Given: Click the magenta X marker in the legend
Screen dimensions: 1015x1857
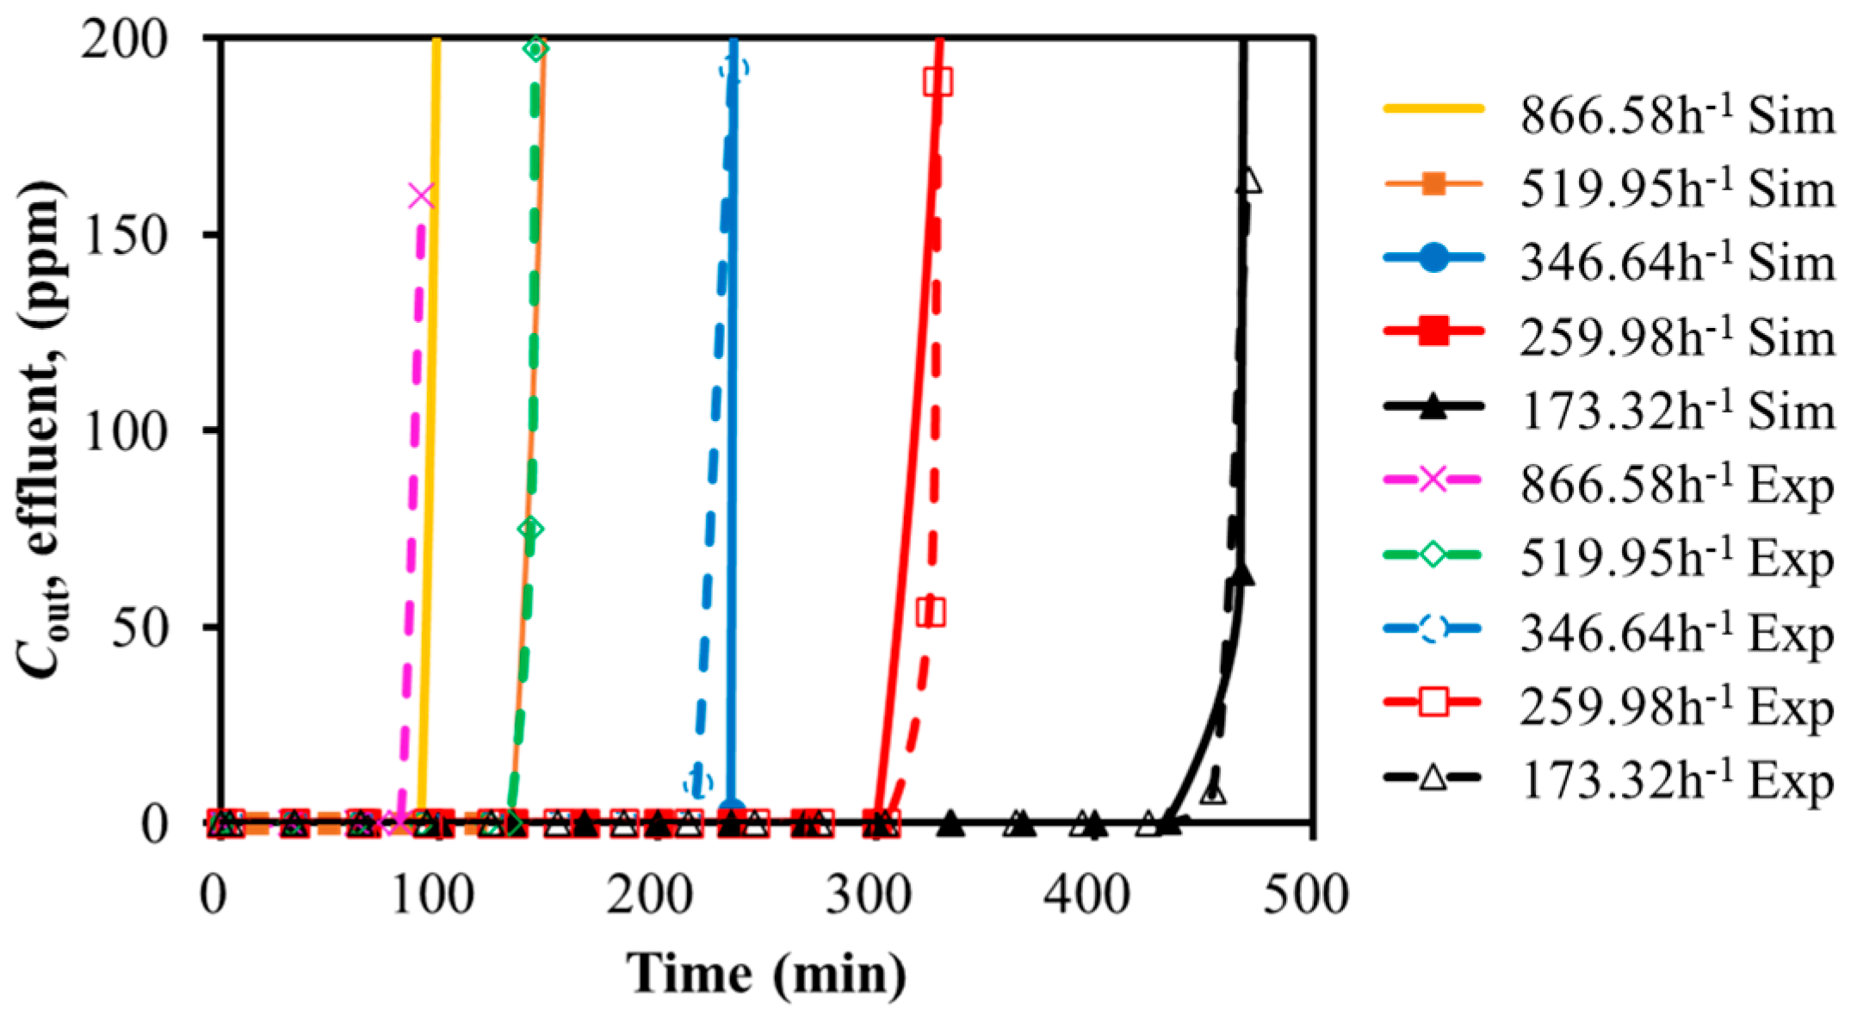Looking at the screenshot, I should pyautogui.click(x=1433, y=479).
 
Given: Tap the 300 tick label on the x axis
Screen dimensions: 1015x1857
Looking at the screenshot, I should pyautogui.click(x=868, y=895).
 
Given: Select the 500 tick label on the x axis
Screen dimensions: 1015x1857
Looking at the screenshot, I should pyautogui.click(x=1305, y=895).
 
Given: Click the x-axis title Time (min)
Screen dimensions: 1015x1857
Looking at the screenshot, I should pyautogui.click(x=766, y=975).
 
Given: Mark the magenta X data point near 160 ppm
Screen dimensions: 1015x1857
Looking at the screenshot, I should pyautogui.click(x=420, y=195).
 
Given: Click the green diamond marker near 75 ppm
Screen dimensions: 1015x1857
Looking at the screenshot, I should pyautogui.click(x=531, y=529).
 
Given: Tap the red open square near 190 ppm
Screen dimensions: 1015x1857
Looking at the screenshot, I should pyautogui.click(x=938, y=82).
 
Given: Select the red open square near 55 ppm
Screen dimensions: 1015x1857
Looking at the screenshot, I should pyautogui.click(x=931, y=613).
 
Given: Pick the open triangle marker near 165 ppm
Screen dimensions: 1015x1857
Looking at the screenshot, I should pyautogui.click(x=1249, y=182).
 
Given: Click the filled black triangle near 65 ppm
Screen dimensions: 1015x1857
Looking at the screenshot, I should pyautogui.click(x=1241, y=575).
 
